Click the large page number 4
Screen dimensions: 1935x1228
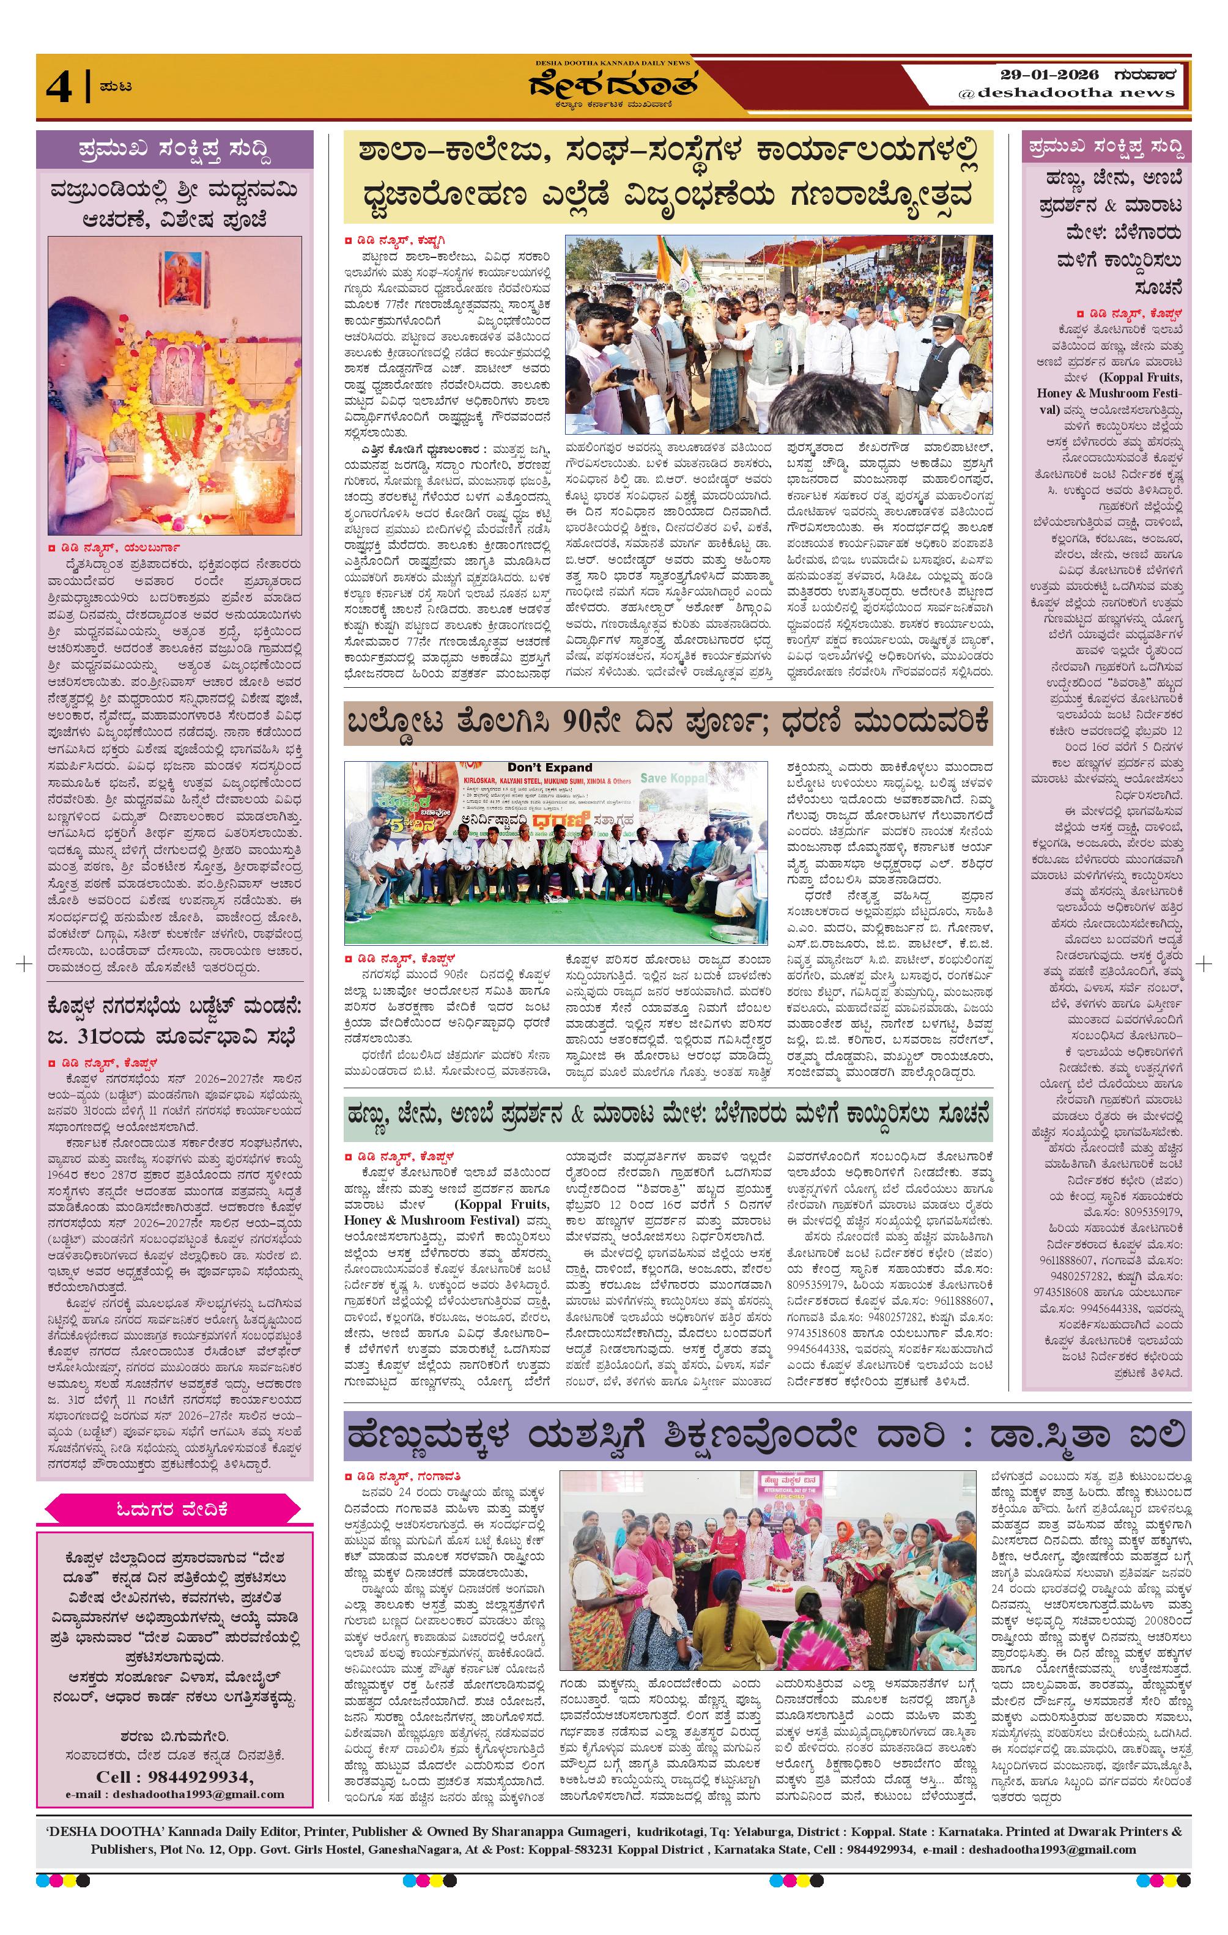[x=59, y=87]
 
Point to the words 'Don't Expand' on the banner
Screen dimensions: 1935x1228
[x=550, y=767]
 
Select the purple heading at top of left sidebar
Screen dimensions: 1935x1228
[x=174, y=149]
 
